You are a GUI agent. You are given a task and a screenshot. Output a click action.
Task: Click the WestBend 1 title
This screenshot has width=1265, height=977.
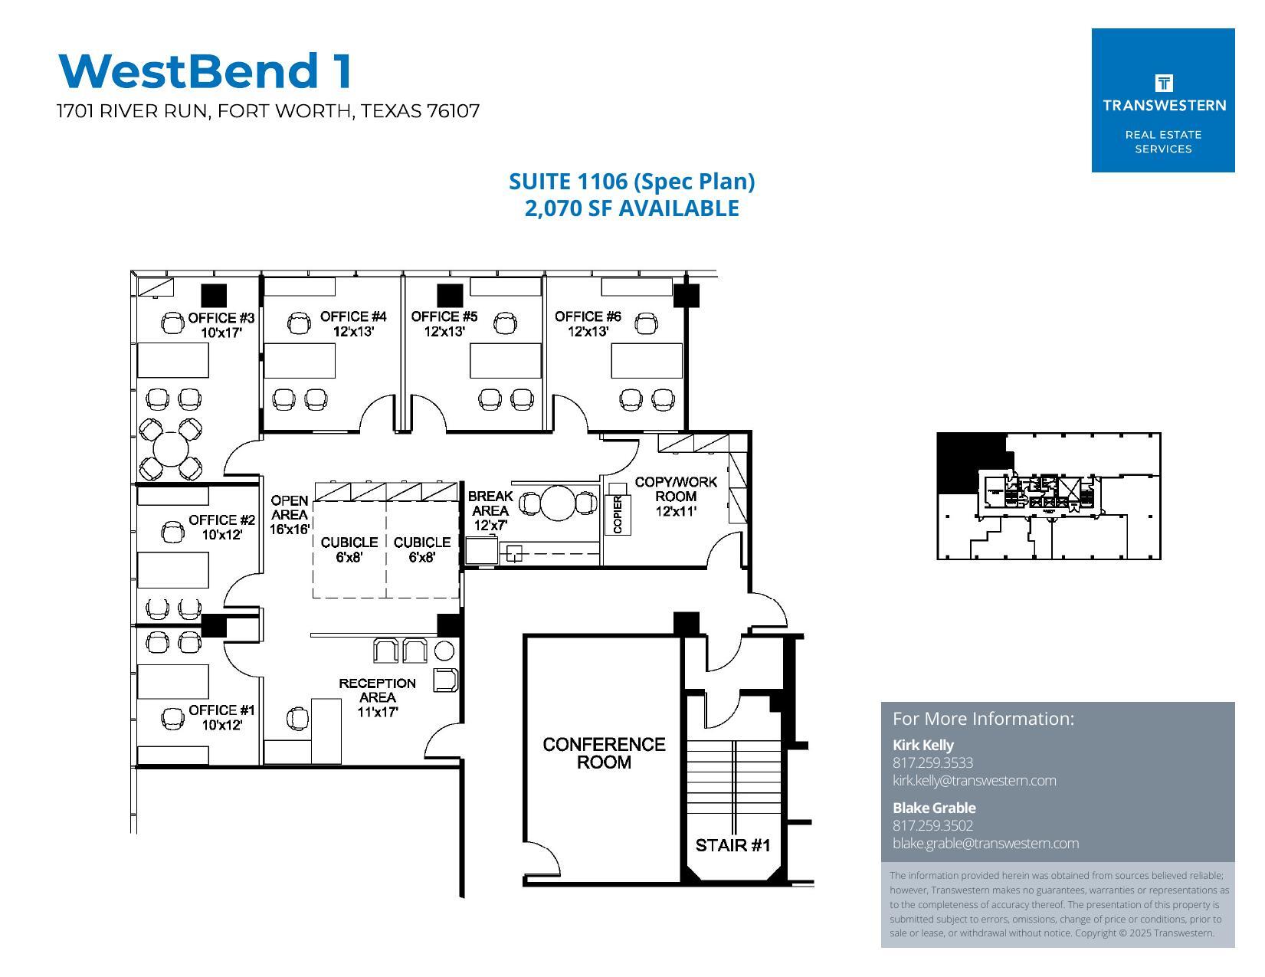[205, 70]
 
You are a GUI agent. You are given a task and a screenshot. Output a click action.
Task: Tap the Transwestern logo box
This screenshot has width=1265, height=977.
[1162, 100]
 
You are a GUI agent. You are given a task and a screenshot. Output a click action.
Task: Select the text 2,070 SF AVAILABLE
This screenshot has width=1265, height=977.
[631, 208]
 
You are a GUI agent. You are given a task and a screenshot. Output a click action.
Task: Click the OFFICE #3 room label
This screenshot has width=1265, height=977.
[221, 318]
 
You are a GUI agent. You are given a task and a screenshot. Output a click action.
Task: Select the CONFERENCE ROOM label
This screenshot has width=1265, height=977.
[604, 753]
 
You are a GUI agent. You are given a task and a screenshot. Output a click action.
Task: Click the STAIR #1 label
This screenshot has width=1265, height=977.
[732, 845]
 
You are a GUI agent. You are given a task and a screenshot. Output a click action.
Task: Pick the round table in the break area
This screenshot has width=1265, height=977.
[558, 503]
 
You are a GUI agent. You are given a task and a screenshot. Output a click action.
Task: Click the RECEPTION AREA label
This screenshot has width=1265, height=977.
[377, 690]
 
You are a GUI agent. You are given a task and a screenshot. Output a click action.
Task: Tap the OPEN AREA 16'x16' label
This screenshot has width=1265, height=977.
[290, 514]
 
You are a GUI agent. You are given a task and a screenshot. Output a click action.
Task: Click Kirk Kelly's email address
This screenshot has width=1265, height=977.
[974, 781]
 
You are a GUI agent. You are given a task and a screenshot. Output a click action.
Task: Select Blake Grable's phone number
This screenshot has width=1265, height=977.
[932, 825]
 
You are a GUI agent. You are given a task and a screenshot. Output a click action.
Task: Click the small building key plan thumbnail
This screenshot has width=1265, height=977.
[1048, 496]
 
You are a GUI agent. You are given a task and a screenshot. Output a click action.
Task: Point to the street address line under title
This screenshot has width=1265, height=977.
[268, 111]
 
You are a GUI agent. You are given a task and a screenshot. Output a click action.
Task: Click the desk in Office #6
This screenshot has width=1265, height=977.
[646, 360]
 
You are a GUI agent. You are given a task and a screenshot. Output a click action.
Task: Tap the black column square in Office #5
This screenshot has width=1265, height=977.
[450, 295]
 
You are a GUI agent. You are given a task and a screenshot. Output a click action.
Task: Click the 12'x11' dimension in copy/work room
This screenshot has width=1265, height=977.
[676, 511]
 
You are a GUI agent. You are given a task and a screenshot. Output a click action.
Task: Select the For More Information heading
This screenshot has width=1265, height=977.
[983, 719]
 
